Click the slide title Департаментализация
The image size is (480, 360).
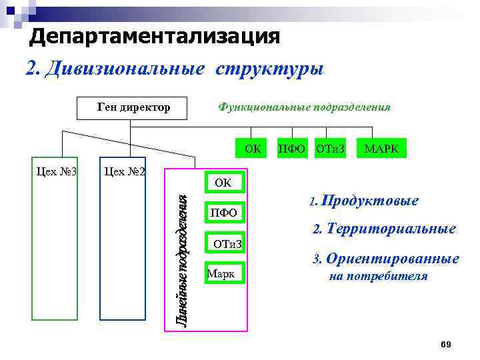154,37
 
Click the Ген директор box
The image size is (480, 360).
133,107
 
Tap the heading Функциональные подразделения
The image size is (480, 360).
304,107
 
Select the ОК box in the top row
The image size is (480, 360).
252,148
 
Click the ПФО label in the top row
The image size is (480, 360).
291,148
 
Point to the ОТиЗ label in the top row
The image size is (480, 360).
330,148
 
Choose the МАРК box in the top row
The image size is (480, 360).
381,148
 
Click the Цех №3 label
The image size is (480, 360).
56,171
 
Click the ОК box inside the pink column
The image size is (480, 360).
223,182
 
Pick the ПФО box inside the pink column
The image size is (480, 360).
223,213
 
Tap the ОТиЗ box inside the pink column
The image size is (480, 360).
226,244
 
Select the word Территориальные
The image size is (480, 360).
391,229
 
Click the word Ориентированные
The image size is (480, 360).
393,259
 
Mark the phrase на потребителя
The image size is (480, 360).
379,276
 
